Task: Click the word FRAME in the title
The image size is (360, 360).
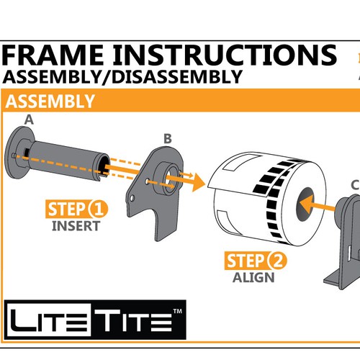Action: click(53, 55)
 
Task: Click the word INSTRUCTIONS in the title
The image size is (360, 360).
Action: click(225, 55)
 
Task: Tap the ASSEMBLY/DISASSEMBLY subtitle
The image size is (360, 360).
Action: click(122, 77)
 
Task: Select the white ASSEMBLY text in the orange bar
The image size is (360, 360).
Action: click(50, 102)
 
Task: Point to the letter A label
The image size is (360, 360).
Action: click(29, 120)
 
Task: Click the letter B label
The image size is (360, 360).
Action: click(168, 138)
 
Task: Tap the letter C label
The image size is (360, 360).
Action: click(355, 185)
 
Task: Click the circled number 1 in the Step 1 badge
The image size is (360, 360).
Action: click(98, 209)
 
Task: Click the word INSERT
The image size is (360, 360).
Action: click(76, 226)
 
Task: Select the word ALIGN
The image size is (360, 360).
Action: click(253, 278)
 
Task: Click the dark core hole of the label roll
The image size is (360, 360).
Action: click(305, 204)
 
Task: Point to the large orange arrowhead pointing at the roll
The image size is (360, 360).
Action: click(198, 182)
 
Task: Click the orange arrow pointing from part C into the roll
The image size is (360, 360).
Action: click(318, 204)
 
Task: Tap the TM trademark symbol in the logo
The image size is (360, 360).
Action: click(178, 311)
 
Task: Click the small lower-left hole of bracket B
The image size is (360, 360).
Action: click(132, 198)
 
